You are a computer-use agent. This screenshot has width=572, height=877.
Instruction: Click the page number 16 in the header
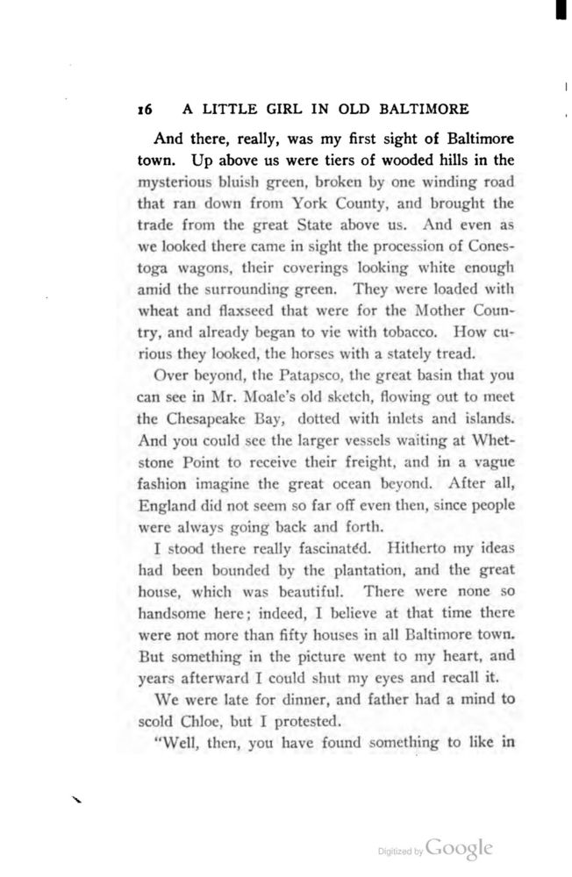tap(146, 110)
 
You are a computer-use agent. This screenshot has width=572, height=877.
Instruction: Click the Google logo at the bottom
tap(461, 848)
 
